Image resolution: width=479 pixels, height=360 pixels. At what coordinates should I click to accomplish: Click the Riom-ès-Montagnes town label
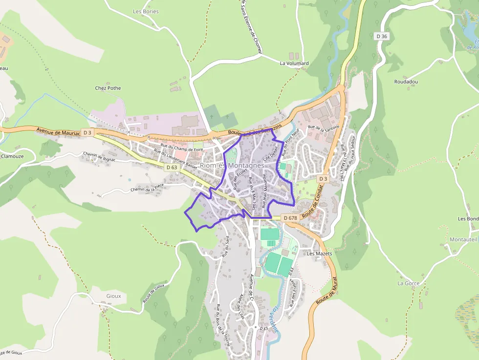click(232, 166)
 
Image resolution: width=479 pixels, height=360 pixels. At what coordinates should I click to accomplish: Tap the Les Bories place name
click(146, 11)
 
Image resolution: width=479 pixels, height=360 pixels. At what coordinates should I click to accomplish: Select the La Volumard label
click(294, 64)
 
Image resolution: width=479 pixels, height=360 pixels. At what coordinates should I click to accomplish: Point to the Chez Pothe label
click(108, 88)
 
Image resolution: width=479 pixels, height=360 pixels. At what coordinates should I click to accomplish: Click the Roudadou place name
click(406, 82)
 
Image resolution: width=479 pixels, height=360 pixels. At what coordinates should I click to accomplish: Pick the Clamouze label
click(12, 157)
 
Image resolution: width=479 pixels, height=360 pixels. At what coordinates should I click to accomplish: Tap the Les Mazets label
click(319, 254)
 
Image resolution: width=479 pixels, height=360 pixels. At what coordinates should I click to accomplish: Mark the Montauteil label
click(463, 239)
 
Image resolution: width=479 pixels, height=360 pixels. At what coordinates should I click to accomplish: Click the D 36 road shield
click(382, 36)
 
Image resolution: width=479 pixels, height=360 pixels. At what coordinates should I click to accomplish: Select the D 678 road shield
click(290, 218)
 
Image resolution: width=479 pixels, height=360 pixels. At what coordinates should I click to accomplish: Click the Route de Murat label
click(327, 291)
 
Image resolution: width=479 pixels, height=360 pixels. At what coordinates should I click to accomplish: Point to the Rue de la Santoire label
click(323, 128)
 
